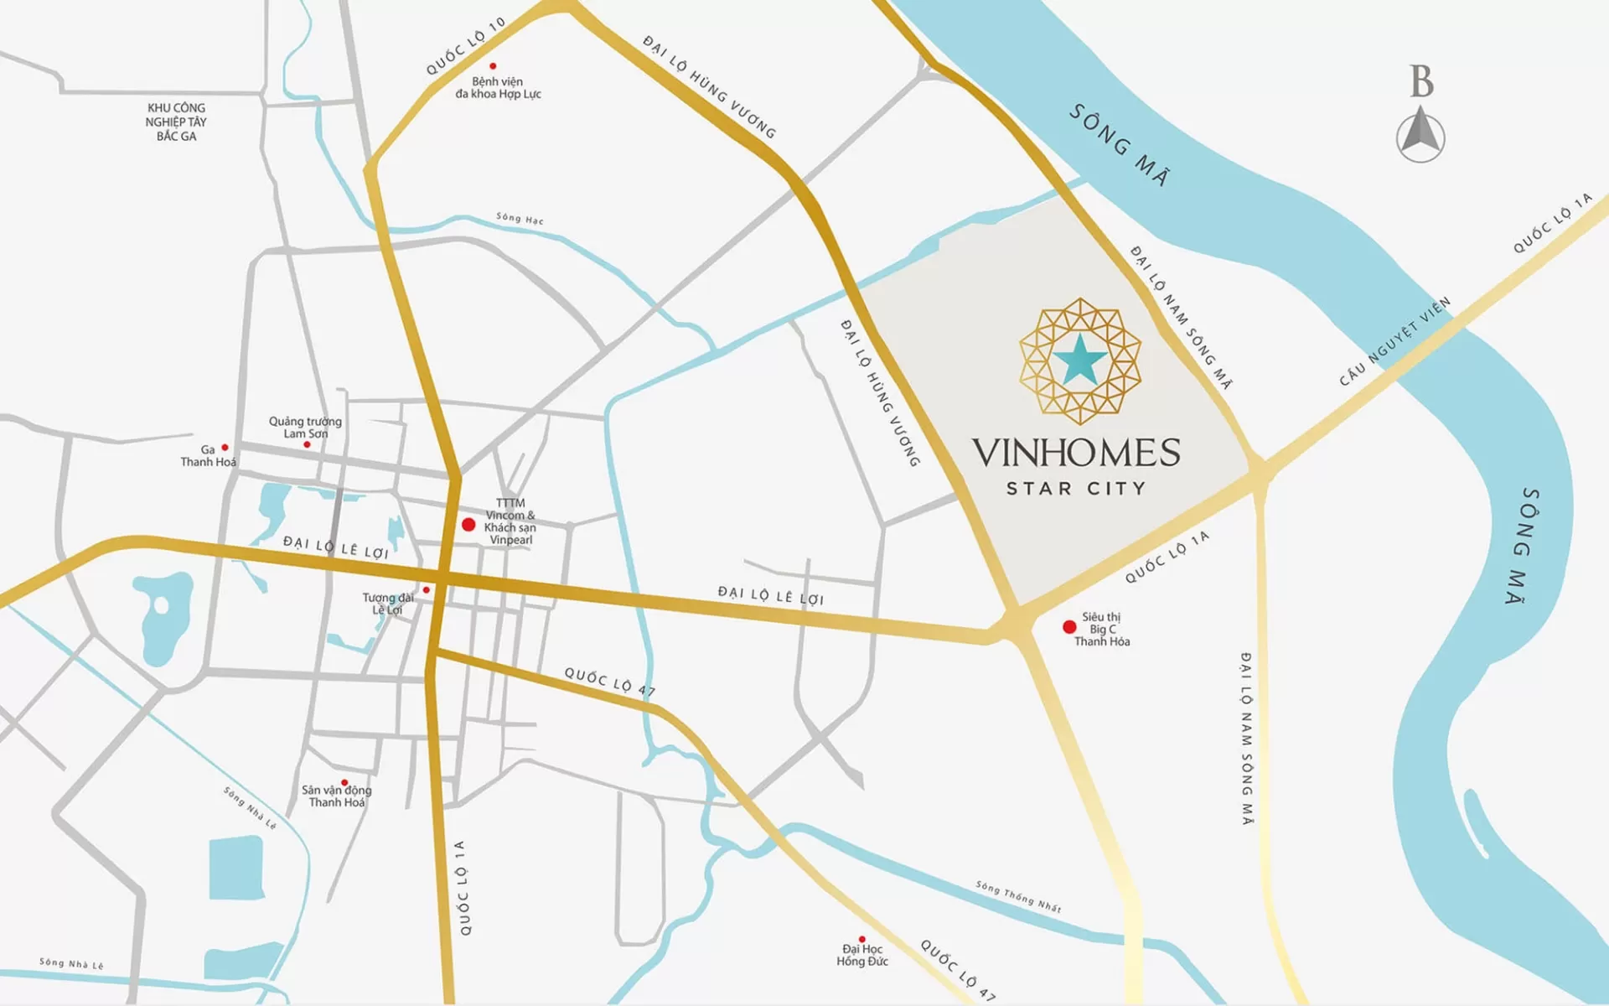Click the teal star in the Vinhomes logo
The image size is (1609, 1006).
point(1079,360)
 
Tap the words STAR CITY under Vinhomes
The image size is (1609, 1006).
point(1076,489)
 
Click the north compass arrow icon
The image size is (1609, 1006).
point(1420,134)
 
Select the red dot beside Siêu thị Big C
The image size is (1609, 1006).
point(1069,627)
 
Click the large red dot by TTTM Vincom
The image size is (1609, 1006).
point(468,525)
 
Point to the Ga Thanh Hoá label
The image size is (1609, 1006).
point(208,456)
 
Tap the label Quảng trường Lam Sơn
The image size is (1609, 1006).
point(305,427)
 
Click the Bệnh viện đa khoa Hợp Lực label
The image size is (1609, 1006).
point(498,88)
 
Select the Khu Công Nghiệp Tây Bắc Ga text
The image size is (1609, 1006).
point(176,122)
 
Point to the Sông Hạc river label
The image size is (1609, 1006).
point(520,218)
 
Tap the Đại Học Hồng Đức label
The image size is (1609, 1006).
point(862,956)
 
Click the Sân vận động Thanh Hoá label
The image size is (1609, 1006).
point(336,796)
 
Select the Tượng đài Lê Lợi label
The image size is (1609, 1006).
point(387,604)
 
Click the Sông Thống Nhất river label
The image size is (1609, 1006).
point(1018,896)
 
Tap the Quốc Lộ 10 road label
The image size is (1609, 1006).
point(465,47)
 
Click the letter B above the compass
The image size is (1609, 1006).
point(1421,81)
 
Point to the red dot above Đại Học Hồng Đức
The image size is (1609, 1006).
point(861,940)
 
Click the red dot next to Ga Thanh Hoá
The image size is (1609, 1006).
point(225,448)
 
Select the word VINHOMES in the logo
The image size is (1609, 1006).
point(1076,453)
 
